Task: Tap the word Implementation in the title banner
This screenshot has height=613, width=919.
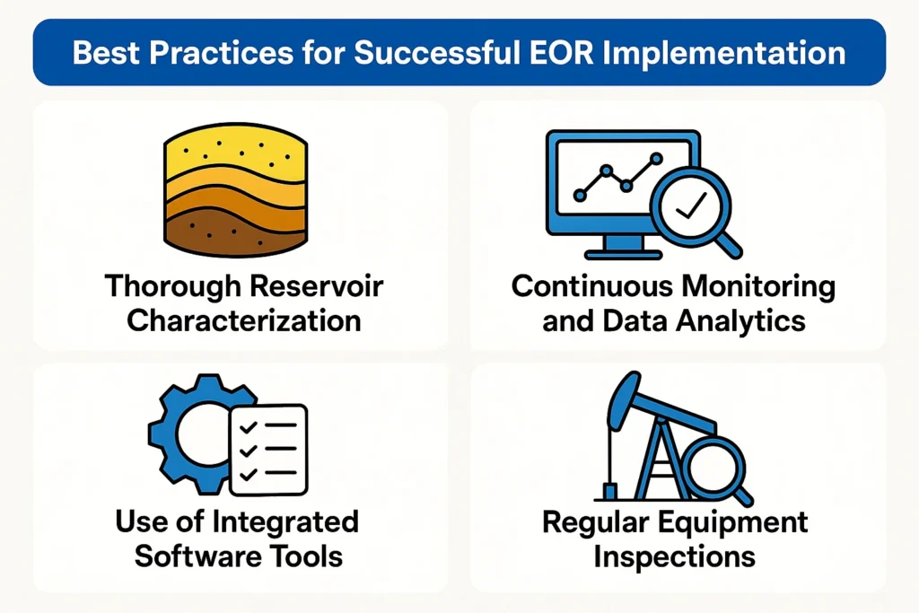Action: point(724,54)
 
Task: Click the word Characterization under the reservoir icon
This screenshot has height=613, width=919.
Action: point(244,320)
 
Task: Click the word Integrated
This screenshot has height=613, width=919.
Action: point(284,522)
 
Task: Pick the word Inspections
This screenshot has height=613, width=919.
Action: point(674,557)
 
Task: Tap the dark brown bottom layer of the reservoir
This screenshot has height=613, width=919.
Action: point(236,233)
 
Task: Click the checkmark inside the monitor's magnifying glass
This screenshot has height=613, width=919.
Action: point(690,206)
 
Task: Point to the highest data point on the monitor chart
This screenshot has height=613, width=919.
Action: point(656,158)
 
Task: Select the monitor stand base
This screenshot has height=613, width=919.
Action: point(624,255)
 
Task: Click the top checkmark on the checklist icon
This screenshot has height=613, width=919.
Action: point(249,427)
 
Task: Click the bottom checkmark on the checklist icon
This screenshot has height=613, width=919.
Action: point(249,473)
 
